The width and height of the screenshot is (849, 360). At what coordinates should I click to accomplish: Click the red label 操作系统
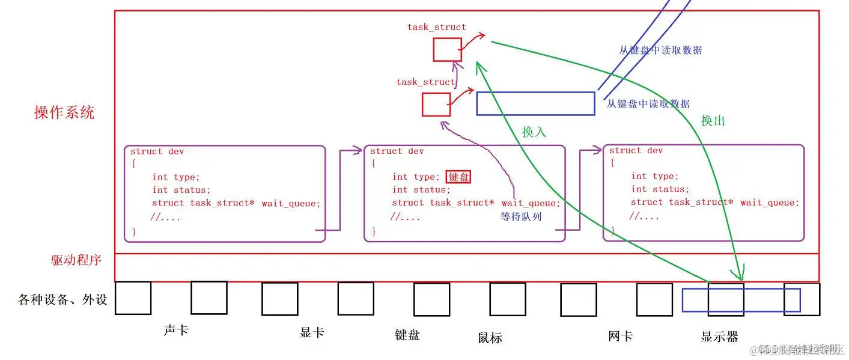[64, 112]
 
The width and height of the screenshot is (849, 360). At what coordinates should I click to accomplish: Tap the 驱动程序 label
[76, 260]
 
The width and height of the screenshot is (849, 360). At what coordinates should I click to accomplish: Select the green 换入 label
[534, 132]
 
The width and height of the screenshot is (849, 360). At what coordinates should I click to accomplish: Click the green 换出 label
[713, 121]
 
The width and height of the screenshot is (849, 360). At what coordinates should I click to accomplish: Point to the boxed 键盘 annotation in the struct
[458, 177]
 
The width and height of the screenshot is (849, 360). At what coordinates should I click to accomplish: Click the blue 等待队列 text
[521, 216]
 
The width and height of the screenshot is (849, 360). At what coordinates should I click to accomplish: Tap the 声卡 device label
[176, 331]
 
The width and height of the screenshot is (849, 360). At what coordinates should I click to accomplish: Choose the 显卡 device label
[312, 333]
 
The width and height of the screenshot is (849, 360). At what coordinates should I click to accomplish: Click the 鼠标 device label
[490, 337]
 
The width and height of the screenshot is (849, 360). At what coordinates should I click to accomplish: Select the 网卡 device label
[620, 335]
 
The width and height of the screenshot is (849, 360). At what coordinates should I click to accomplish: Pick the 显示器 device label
[719, 337]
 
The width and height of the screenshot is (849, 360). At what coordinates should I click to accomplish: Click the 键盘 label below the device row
[407, 335]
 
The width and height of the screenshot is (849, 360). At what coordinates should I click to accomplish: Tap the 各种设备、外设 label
[63, 299]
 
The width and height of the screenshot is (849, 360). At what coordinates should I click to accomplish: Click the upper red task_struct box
[448, 49]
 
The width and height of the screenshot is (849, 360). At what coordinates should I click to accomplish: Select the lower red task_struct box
[436, 105]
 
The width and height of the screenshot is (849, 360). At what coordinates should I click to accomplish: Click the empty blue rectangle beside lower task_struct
[535, 103]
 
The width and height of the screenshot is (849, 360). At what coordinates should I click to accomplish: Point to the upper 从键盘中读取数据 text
[660, 50]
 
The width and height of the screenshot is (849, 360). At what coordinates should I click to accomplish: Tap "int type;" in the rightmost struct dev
[654, 176]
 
